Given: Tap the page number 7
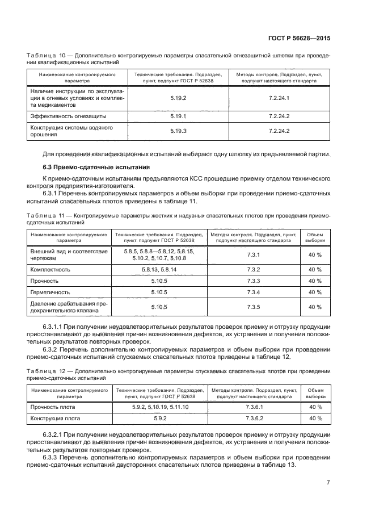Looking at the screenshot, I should [x=328, y=483].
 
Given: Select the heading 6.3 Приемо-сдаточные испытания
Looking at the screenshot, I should [x=96, y=167].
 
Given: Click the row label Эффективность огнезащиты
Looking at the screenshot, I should [x=68, y=116].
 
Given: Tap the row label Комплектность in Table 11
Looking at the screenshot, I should [x=50, y=269].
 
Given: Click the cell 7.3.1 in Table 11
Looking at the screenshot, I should [x=254, y=254].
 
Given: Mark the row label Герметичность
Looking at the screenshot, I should [x=52, y=292].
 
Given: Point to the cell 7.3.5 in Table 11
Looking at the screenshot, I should [x=254, y=307].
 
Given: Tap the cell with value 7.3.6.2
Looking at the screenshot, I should [x=254, y=419].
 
